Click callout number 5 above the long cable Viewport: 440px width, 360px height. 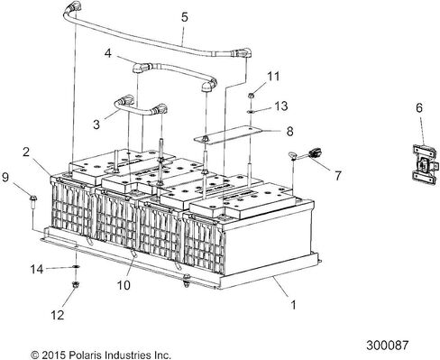click(185, 17)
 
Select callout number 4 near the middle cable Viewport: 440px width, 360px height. click(108, 53)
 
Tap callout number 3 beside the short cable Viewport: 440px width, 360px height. click(96, 125)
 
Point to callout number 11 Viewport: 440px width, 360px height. click(273, 76)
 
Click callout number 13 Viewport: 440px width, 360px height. click(281, 106)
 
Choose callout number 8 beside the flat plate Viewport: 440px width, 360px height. click(289, 131)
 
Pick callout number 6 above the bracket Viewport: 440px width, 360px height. click(419, 107)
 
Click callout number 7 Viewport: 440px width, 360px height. click(338, 175)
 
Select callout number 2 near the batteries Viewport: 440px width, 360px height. click(26, 152)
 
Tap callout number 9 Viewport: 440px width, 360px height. click(5, 178)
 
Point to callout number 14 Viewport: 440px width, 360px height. click(37, 269)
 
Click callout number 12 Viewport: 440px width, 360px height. click(57, 315)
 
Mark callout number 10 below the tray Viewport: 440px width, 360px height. click(124, 285)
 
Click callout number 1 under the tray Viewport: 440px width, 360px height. click(294, 305)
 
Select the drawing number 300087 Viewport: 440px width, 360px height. click(388, 345)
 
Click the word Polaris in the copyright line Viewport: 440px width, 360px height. click(84, 355)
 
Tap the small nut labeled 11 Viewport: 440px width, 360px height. click(252, 96)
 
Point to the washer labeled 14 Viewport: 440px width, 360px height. click(76, 267)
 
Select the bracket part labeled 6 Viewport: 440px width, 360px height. click(425, 164)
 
